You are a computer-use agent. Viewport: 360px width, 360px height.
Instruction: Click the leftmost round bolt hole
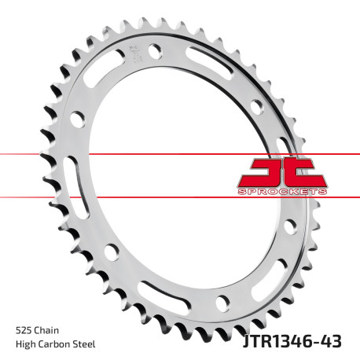coord(78,119)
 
